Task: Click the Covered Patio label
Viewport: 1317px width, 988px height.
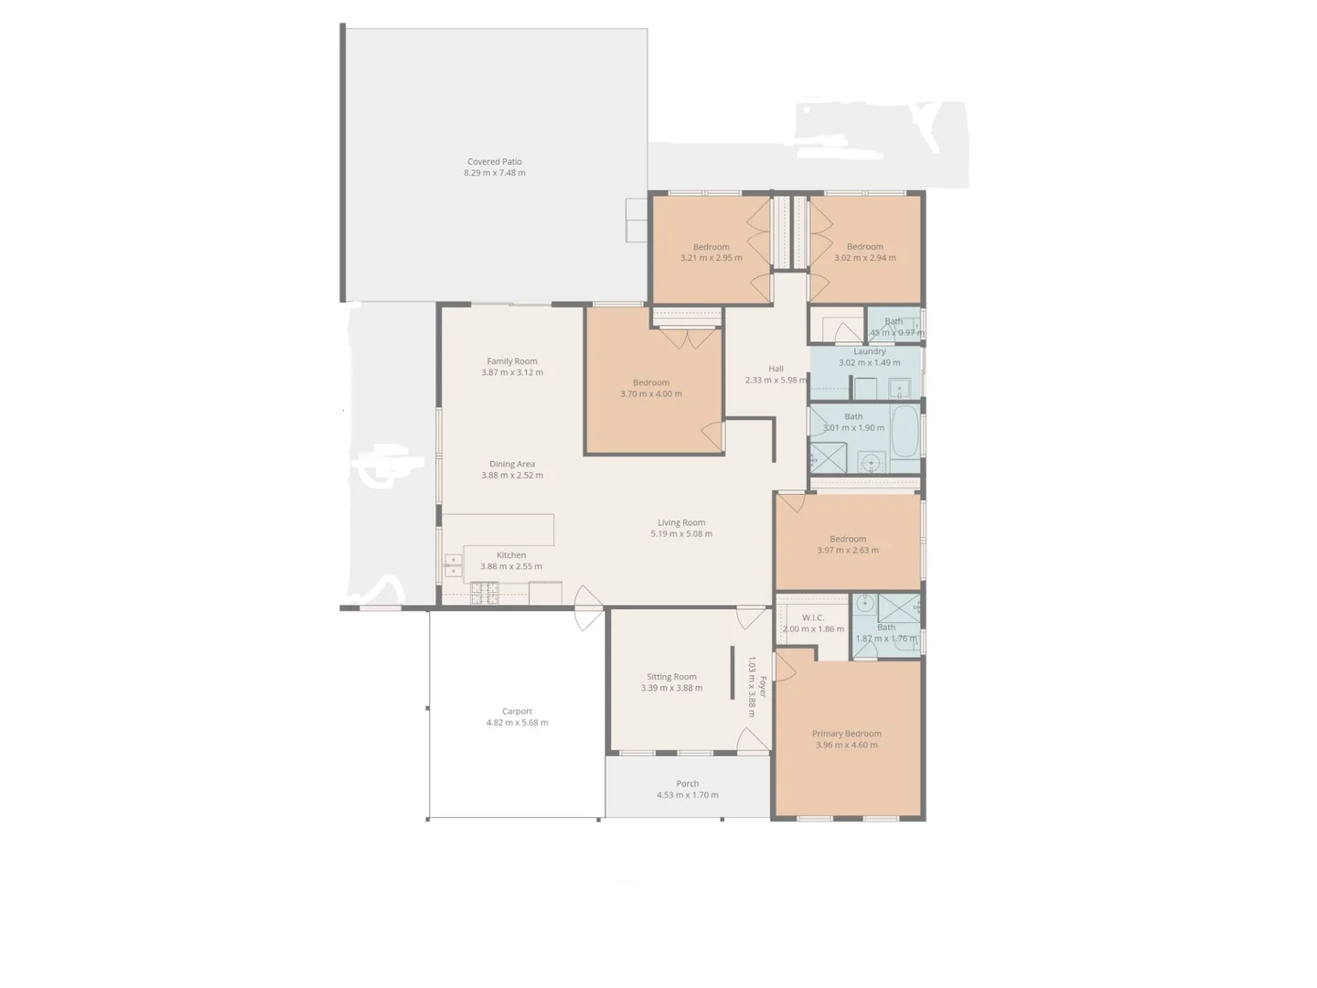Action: (494, 162)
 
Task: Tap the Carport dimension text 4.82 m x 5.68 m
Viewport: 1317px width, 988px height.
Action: (517, 723)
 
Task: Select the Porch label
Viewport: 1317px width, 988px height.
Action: (687, 784)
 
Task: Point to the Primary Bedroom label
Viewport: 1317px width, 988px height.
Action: (846, 734)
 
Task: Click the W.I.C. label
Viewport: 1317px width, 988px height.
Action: (813, 617)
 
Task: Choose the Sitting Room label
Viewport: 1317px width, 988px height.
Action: (671, 677)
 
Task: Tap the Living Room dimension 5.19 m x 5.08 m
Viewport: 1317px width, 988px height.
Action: (681, 534)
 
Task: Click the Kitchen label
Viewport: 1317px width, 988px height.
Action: (511, 555)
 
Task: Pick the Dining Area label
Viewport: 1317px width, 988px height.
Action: (512, 464)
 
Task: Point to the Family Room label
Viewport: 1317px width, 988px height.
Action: (512, 361)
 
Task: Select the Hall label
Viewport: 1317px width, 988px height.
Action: (776, 369)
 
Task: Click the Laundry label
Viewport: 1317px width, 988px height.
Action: (869, 351)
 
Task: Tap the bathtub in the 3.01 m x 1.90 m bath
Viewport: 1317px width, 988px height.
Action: (905, 431)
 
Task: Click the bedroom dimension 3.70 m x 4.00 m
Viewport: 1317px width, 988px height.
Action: (651, 394)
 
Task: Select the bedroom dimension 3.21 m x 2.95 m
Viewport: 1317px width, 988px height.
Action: (711, 258)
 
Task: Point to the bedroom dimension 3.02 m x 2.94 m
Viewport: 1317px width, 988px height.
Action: (864, 258)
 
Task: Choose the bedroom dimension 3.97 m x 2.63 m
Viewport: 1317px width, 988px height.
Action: (848, 551)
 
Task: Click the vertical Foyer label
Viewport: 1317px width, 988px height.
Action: (763, 686)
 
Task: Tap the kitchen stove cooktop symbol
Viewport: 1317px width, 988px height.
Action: (485, 595)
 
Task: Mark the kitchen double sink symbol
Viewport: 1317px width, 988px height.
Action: (453, 564)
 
